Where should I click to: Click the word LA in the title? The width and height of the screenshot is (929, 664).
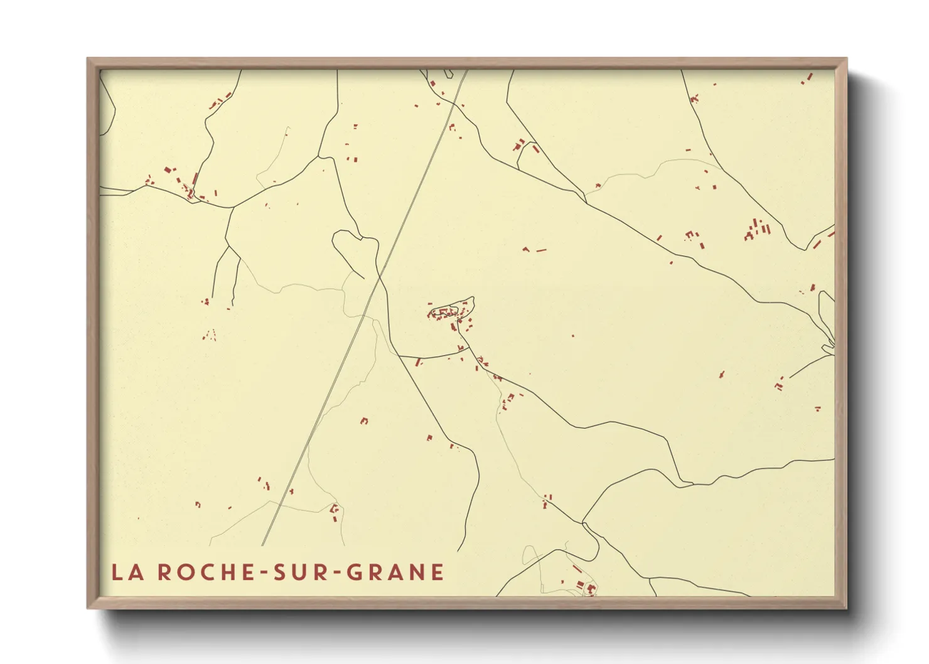126,572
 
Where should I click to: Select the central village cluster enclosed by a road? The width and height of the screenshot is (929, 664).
451,311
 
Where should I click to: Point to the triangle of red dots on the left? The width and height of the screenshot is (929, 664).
210,335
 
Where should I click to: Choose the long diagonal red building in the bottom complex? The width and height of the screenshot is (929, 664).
577,569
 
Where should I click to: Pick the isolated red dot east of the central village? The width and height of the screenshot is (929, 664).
573,336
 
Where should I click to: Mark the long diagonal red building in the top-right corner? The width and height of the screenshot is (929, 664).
809,77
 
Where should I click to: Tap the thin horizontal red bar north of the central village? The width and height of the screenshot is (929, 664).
541,250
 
